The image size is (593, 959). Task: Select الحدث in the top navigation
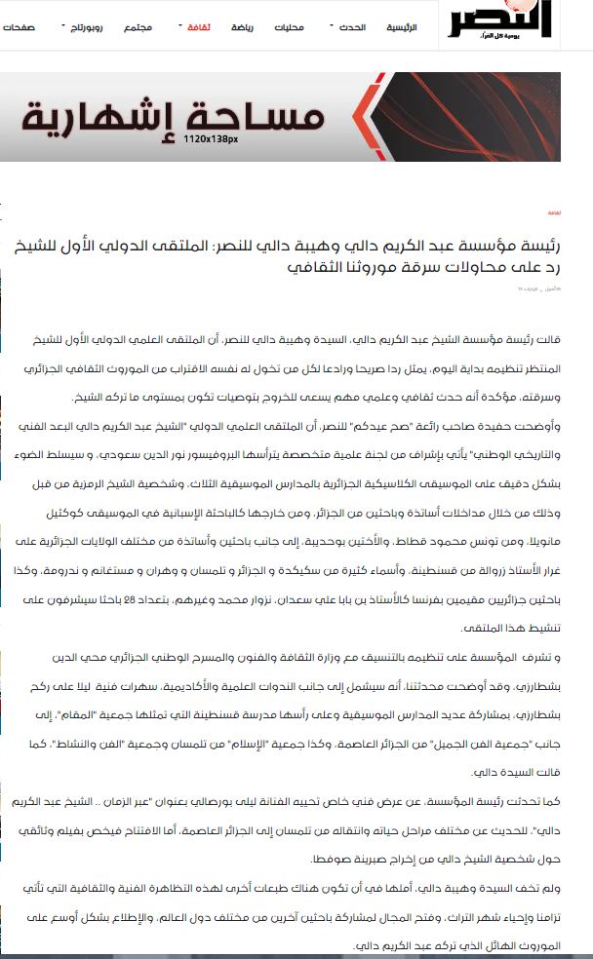point(348,27)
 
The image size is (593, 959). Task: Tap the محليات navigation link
point(289,27)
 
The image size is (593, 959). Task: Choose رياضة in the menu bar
point(241,27)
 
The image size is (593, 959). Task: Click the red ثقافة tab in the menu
point(198,27)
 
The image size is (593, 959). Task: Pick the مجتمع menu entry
point(138,27)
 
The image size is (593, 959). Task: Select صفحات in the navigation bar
point(19,27)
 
